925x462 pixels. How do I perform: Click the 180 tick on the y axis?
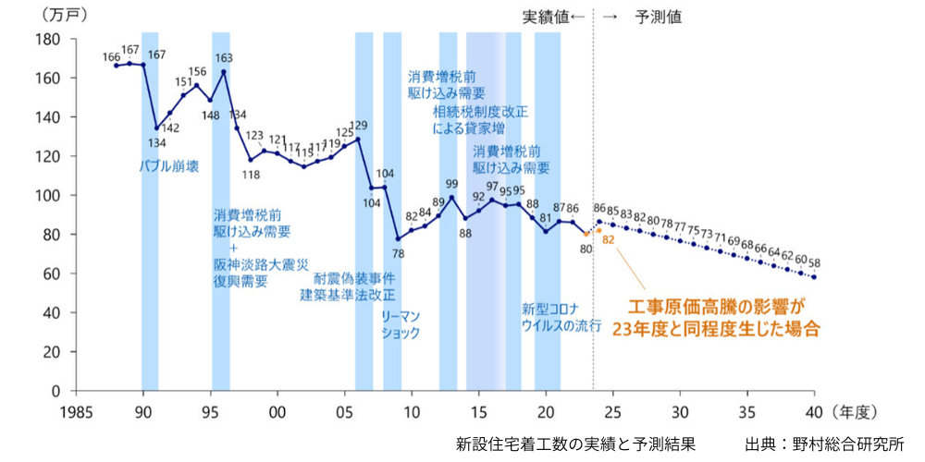click(x=47, y=40)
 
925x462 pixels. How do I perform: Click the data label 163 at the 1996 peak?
click(x=225, y=58)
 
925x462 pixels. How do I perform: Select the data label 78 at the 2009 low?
click(x=398, y=252)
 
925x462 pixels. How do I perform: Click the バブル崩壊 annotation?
click(x=169, y=166)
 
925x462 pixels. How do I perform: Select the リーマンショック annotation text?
click(x=401, y=323)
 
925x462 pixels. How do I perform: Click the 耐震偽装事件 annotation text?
click(x=354, y=278)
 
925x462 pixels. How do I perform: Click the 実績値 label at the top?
click(x=547, y=17)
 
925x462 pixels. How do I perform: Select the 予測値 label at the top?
click(x=659, y=17)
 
